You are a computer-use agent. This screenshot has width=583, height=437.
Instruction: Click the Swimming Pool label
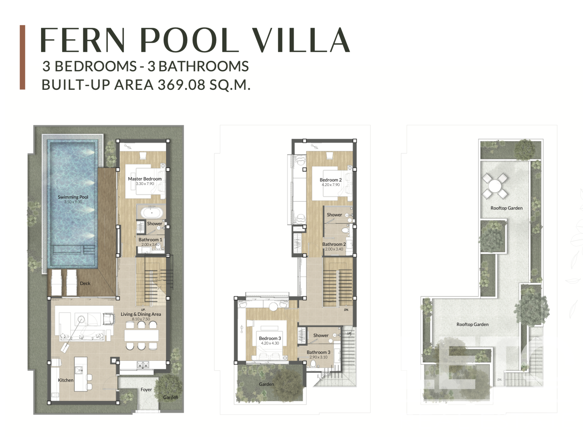click(x=73, y=197)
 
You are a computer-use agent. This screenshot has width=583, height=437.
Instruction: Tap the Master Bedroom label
click(x=145, y=179)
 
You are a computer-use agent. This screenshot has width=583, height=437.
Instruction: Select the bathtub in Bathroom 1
click(x=152, y=213)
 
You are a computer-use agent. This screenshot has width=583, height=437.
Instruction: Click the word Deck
click(x=85, y=283)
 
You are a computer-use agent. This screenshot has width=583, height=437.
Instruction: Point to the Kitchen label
click(x=66, y=380)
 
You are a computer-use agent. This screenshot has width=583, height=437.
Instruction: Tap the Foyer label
click(x=146, y=390)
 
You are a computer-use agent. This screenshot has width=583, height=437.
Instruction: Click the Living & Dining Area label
click(x=141, y=314)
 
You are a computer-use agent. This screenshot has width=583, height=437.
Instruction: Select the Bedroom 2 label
click(x=331, y=180)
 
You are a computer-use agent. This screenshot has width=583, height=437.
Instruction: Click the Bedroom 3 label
click(x=270, y=338)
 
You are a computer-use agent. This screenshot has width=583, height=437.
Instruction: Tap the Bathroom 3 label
click(x=318, y=352)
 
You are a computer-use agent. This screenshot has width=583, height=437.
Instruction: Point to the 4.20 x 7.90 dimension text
click(x=331, y=185)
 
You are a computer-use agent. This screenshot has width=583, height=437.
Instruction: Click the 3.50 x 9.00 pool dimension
click(x=73, y=202)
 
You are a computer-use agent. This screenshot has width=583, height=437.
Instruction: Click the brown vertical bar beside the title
click(x=23, y=57)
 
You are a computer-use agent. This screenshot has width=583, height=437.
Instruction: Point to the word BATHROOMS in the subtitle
click(x=204, y=66)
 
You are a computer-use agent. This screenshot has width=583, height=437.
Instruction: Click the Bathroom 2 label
click(x=334, y=244)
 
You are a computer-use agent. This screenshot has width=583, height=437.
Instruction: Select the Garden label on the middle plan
click(x=266, y=384)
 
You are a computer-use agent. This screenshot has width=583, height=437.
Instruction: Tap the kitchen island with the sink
click(x=81, y=374)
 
